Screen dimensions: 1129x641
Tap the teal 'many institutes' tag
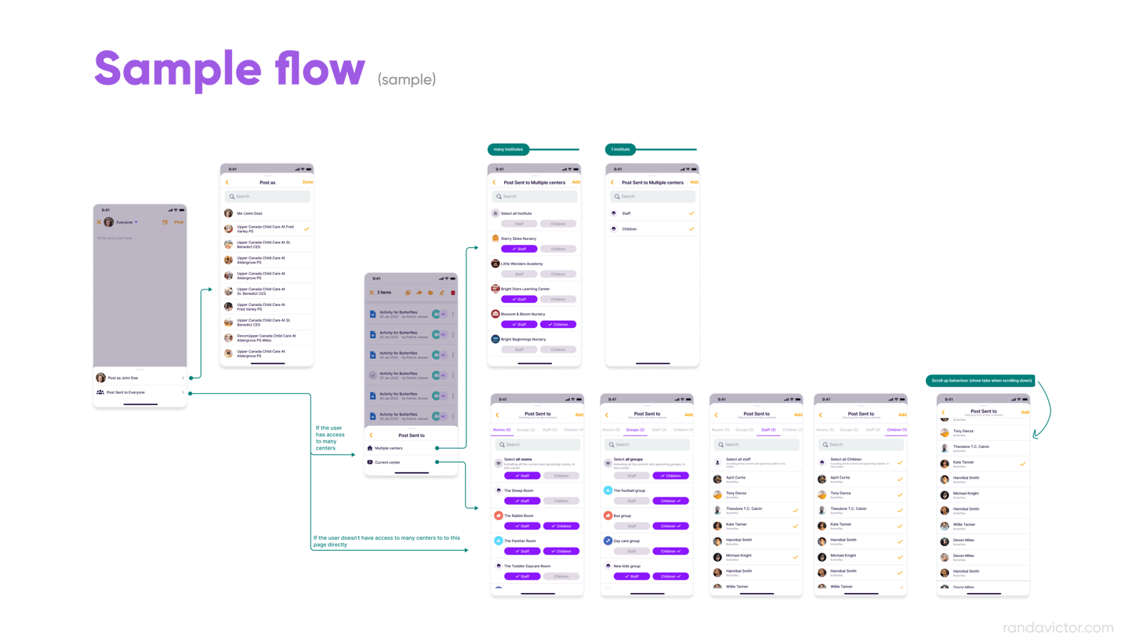(508, 149)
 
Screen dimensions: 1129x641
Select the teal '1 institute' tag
(620, 149)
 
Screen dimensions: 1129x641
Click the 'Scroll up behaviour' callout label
(982, 381)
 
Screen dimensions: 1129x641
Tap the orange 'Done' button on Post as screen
(307, 182)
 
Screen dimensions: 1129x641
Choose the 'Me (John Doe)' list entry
(249, 213)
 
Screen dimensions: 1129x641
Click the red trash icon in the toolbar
(452, 293)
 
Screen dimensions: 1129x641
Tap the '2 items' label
(384, 293)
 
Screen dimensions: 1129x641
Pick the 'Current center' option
(387, 462)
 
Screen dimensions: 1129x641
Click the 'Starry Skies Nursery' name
(519, 239)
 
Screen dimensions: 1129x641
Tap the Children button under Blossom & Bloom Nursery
(558, 324)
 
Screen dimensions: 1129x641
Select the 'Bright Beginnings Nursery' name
(523, 339)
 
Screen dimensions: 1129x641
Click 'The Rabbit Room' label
(518, 515)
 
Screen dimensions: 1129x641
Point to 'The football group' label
(629, 490)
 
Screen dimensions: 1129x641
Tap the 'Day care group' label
(627, 541)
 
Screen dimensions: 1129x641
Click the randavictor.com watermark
(1058, 628)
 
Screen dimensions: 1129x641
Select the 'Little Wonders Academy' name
(521, 264)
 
